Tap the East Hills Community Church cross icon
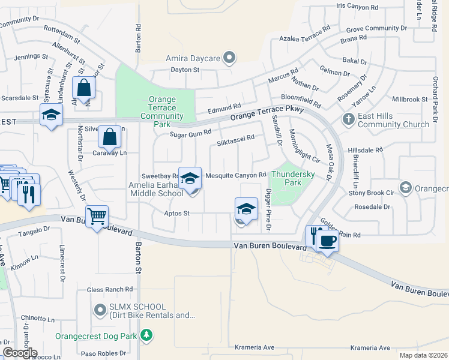348,119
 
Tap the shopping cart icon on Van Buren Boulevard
97,217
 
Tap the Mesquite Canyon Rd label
235,175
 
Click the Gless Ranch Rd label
109,289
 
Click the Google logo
19,352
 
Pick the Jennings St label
31,56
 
